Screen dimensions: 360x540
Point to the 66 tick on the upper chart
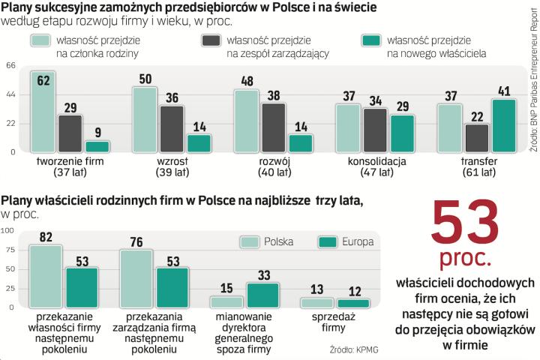(x=10, y=66)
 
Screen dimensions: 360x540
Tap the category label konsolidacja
(x=376, y=160)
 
